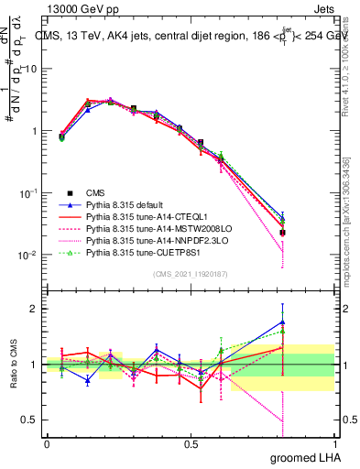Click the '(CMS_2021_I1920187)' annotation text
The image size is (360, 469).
point(191,275)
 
